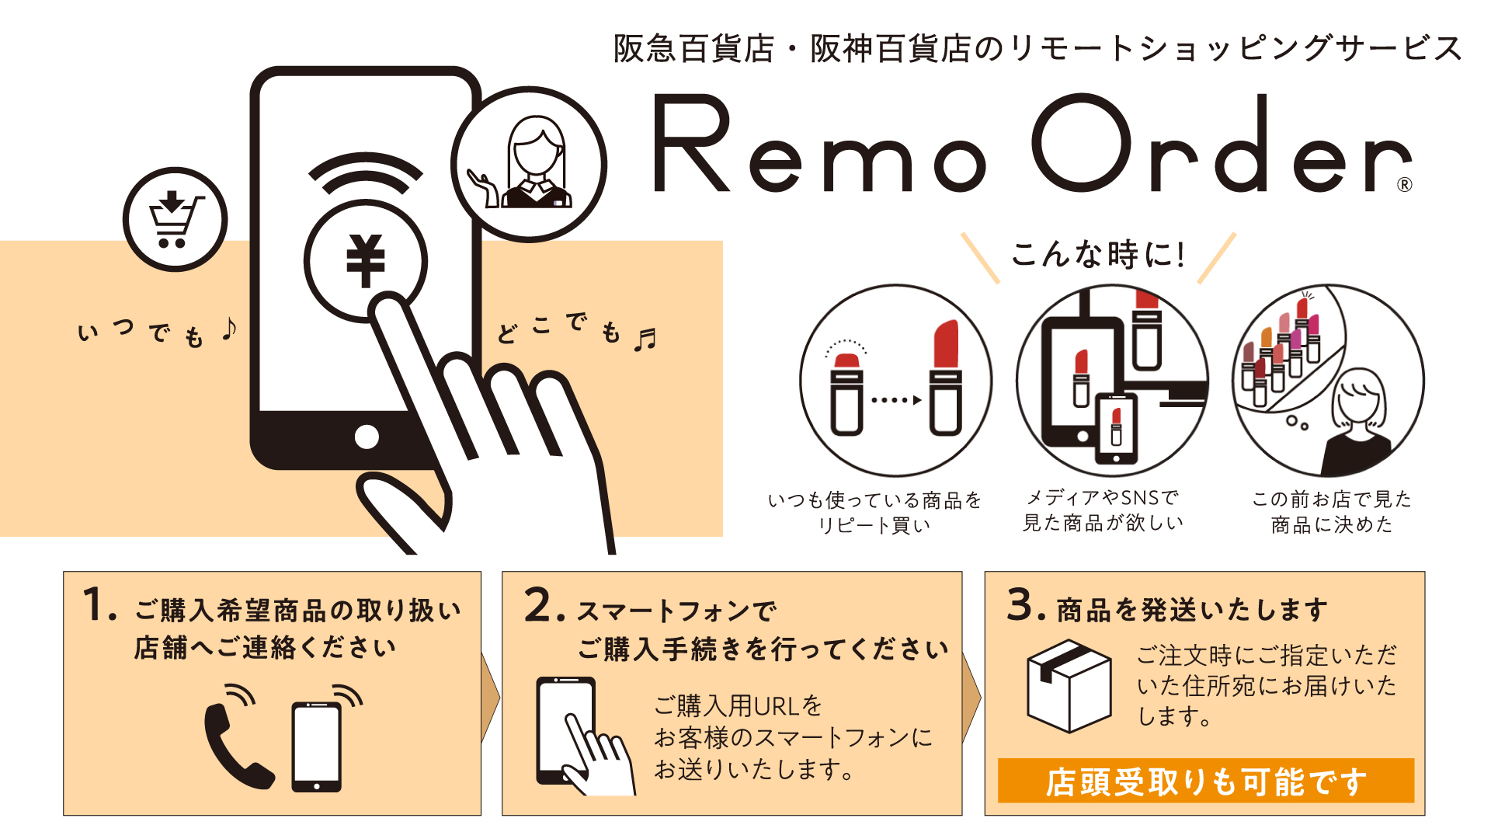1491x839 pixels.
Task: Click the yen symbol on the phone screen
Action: tap(366, 261)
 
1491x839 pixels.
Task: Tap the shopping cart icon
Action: tap(176, 220)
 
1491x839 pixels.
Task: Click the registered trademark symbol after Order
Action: tap(1404, 184)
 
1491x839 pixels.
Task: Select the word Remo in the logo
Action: tap(820, 144)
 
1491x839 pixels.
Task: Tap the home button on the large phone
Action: tap(367, 437)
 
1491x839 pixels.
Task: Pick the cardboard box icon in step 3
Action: tap(1069, 686)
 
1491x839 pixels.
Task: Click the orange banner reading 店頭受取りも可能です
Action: tap(1205, 780)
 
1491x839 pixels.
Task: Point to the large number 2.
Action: tap(539, 605)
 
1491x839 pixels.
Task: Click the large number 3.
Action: tap(1021, 604)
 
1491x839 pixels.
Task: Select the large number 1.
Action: tap(94, 605)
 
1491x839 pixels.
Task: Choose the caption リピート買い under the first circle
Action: tap(874, 526)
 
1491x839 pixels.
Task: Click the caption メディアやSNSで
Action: tap(1103, 497)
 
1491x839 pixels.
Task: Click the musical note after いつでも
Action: tap(228, 329)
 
